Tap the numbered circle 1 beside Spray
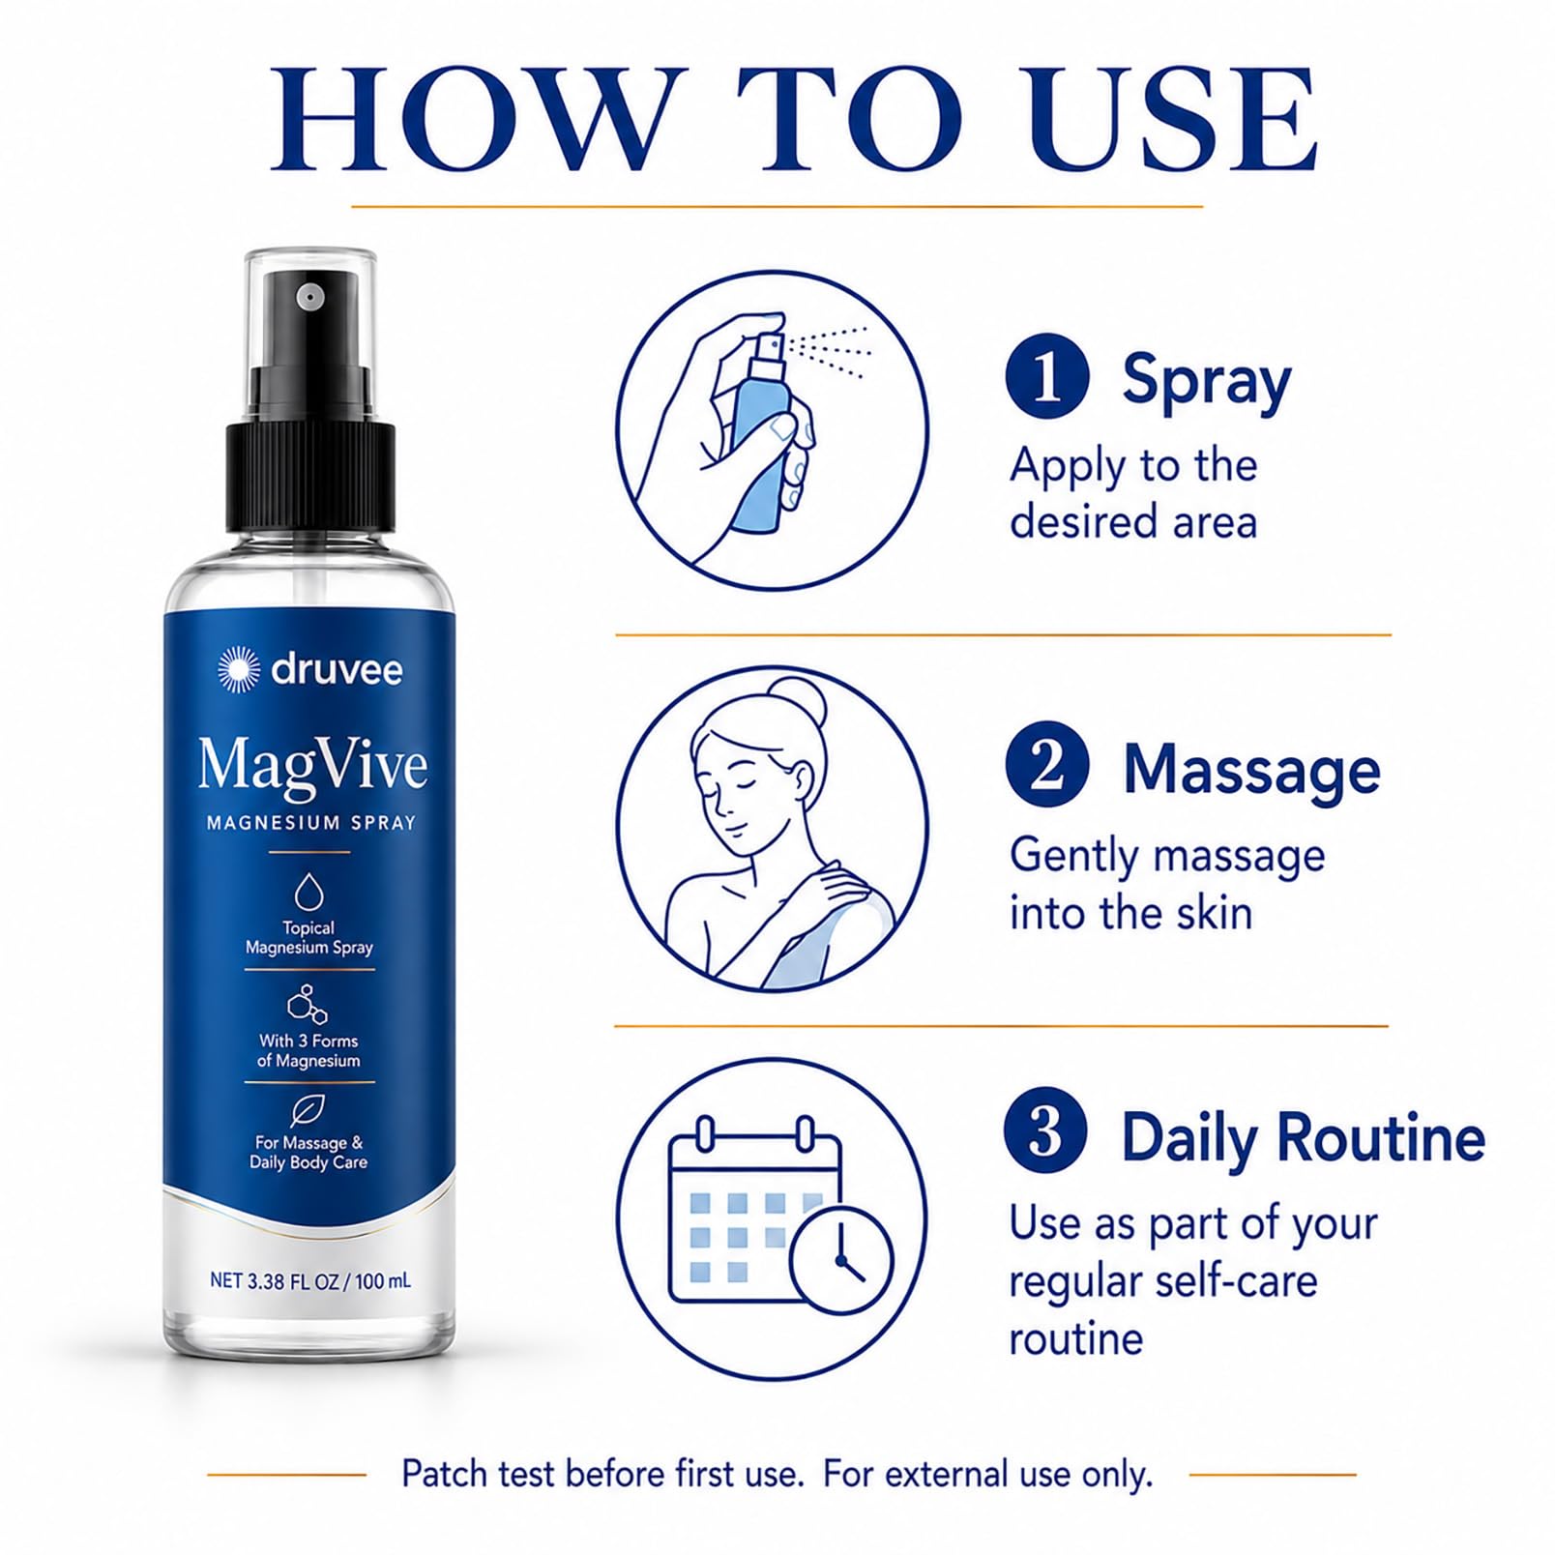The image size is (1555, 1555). [1047, 376]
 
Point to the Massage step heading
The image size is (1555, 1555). [1251, 770]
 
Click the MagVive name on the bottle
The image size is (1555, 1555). [312, 766]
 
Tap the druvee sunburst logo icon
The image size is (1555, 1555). [239, 669]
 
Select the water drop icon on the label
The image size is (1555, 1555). [309, 892]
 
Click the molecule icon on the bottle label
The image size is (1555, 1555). [308, 1005]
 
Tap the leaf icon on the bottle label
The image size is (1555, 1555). [308, 1110]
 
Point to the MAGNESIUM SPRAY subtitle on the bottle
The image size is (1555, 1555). [311, 823]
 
